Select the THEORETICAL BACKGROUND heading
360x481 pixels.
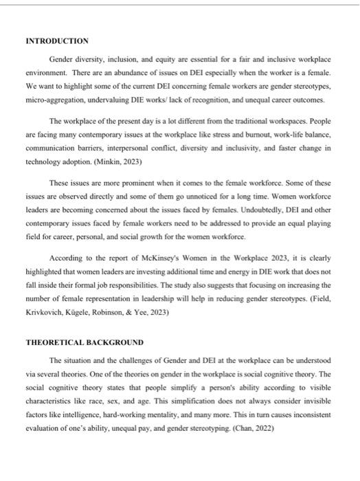tap(85, 342)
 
